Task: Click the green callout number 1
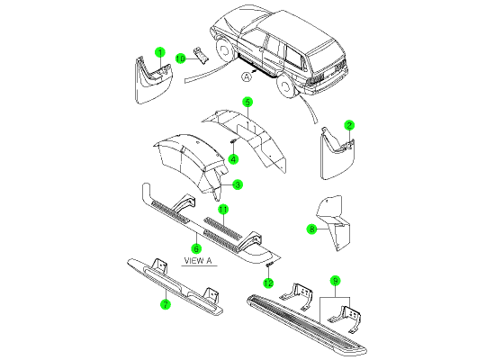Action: point(160,52)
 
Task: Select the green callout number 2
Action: point(349,125)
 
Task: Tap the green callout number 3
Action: point(238,184)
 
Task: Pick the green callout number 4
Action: point(233,159)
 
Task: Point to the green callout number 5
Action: point(247,103)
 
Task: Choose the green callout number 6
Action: point(196,248)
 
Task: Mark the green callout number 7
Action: point(166,304)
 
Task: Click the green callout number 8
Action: point(312,229)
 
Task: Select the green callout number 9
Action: point(336,281)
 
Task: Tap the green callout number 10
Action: point(180,58)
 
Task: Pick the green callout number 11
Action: point(223,209)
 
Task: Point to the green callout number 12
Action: point(268,283)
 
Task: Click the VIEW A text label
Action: point(198,261)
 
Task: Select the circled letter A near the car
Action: point(247,76)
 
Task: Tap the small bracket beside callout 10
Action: point(201,56)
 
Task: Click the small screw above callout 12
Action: point(269,265)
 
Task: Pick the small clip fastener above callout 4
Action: point(233,141)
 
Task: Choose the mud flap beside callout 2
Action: point(337,154)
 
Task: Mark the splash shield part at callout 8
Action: point(335,223)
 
